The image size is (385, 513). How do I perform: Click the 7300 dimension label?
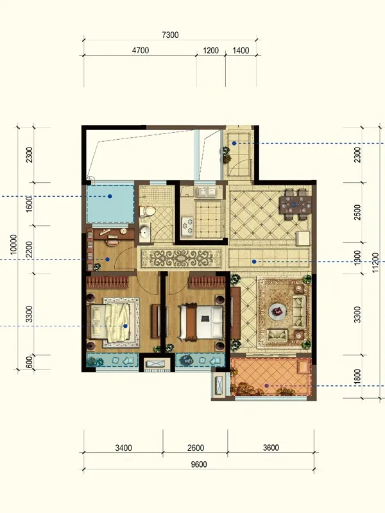tap(170, 35)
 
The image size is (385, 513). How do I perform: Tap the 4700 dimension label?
tap(141, 51)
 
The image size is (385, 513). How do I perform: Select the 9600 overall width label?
tap(199, 464)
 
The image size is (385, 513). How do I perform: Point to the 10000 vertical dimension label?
tap(13, 244)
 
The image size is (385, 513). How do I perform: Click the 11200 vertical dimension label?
tap(376, 262)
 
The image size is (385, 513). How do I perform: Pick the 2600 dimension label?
tap(196, 448)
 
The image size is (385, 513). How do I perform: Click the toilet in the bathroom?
tap(148, 212)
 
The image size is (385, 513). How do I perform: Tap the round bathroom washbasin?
tap(144, 232)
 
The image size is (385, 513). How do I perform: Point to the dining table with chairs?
tap(295, 204)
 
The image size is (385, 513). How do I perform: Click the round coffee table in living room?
tap(278, 312)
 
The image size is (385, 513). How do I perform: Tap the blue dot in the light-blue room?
tap(110, 196)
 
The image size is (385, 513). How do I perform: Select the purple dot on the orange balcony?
tap(266, 386)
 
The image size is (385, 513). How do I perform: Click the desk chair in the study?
tap(112, 242)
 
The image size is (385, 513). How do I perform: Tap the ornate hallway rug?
tap(182, 258)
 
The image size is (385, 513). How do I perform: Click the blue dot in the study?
tap(107, 260)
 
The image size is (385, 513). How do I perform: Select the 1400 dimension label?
tap(241, 51)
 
